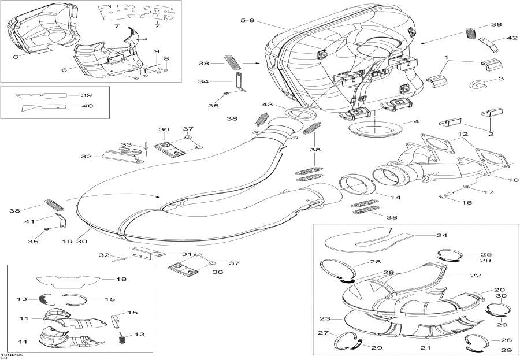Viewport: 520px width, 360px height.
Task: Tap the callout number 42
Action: pos(512,38)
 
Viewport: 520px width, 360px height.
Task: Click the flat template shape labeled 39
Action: pos(40,95)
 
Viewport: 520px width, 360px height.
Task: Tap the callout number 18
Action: pos(120,279)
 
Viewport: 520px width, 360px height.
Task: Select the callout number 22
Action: pos(475,276)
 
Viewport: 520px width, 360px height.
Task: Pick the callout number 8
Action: pos(166,58)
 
